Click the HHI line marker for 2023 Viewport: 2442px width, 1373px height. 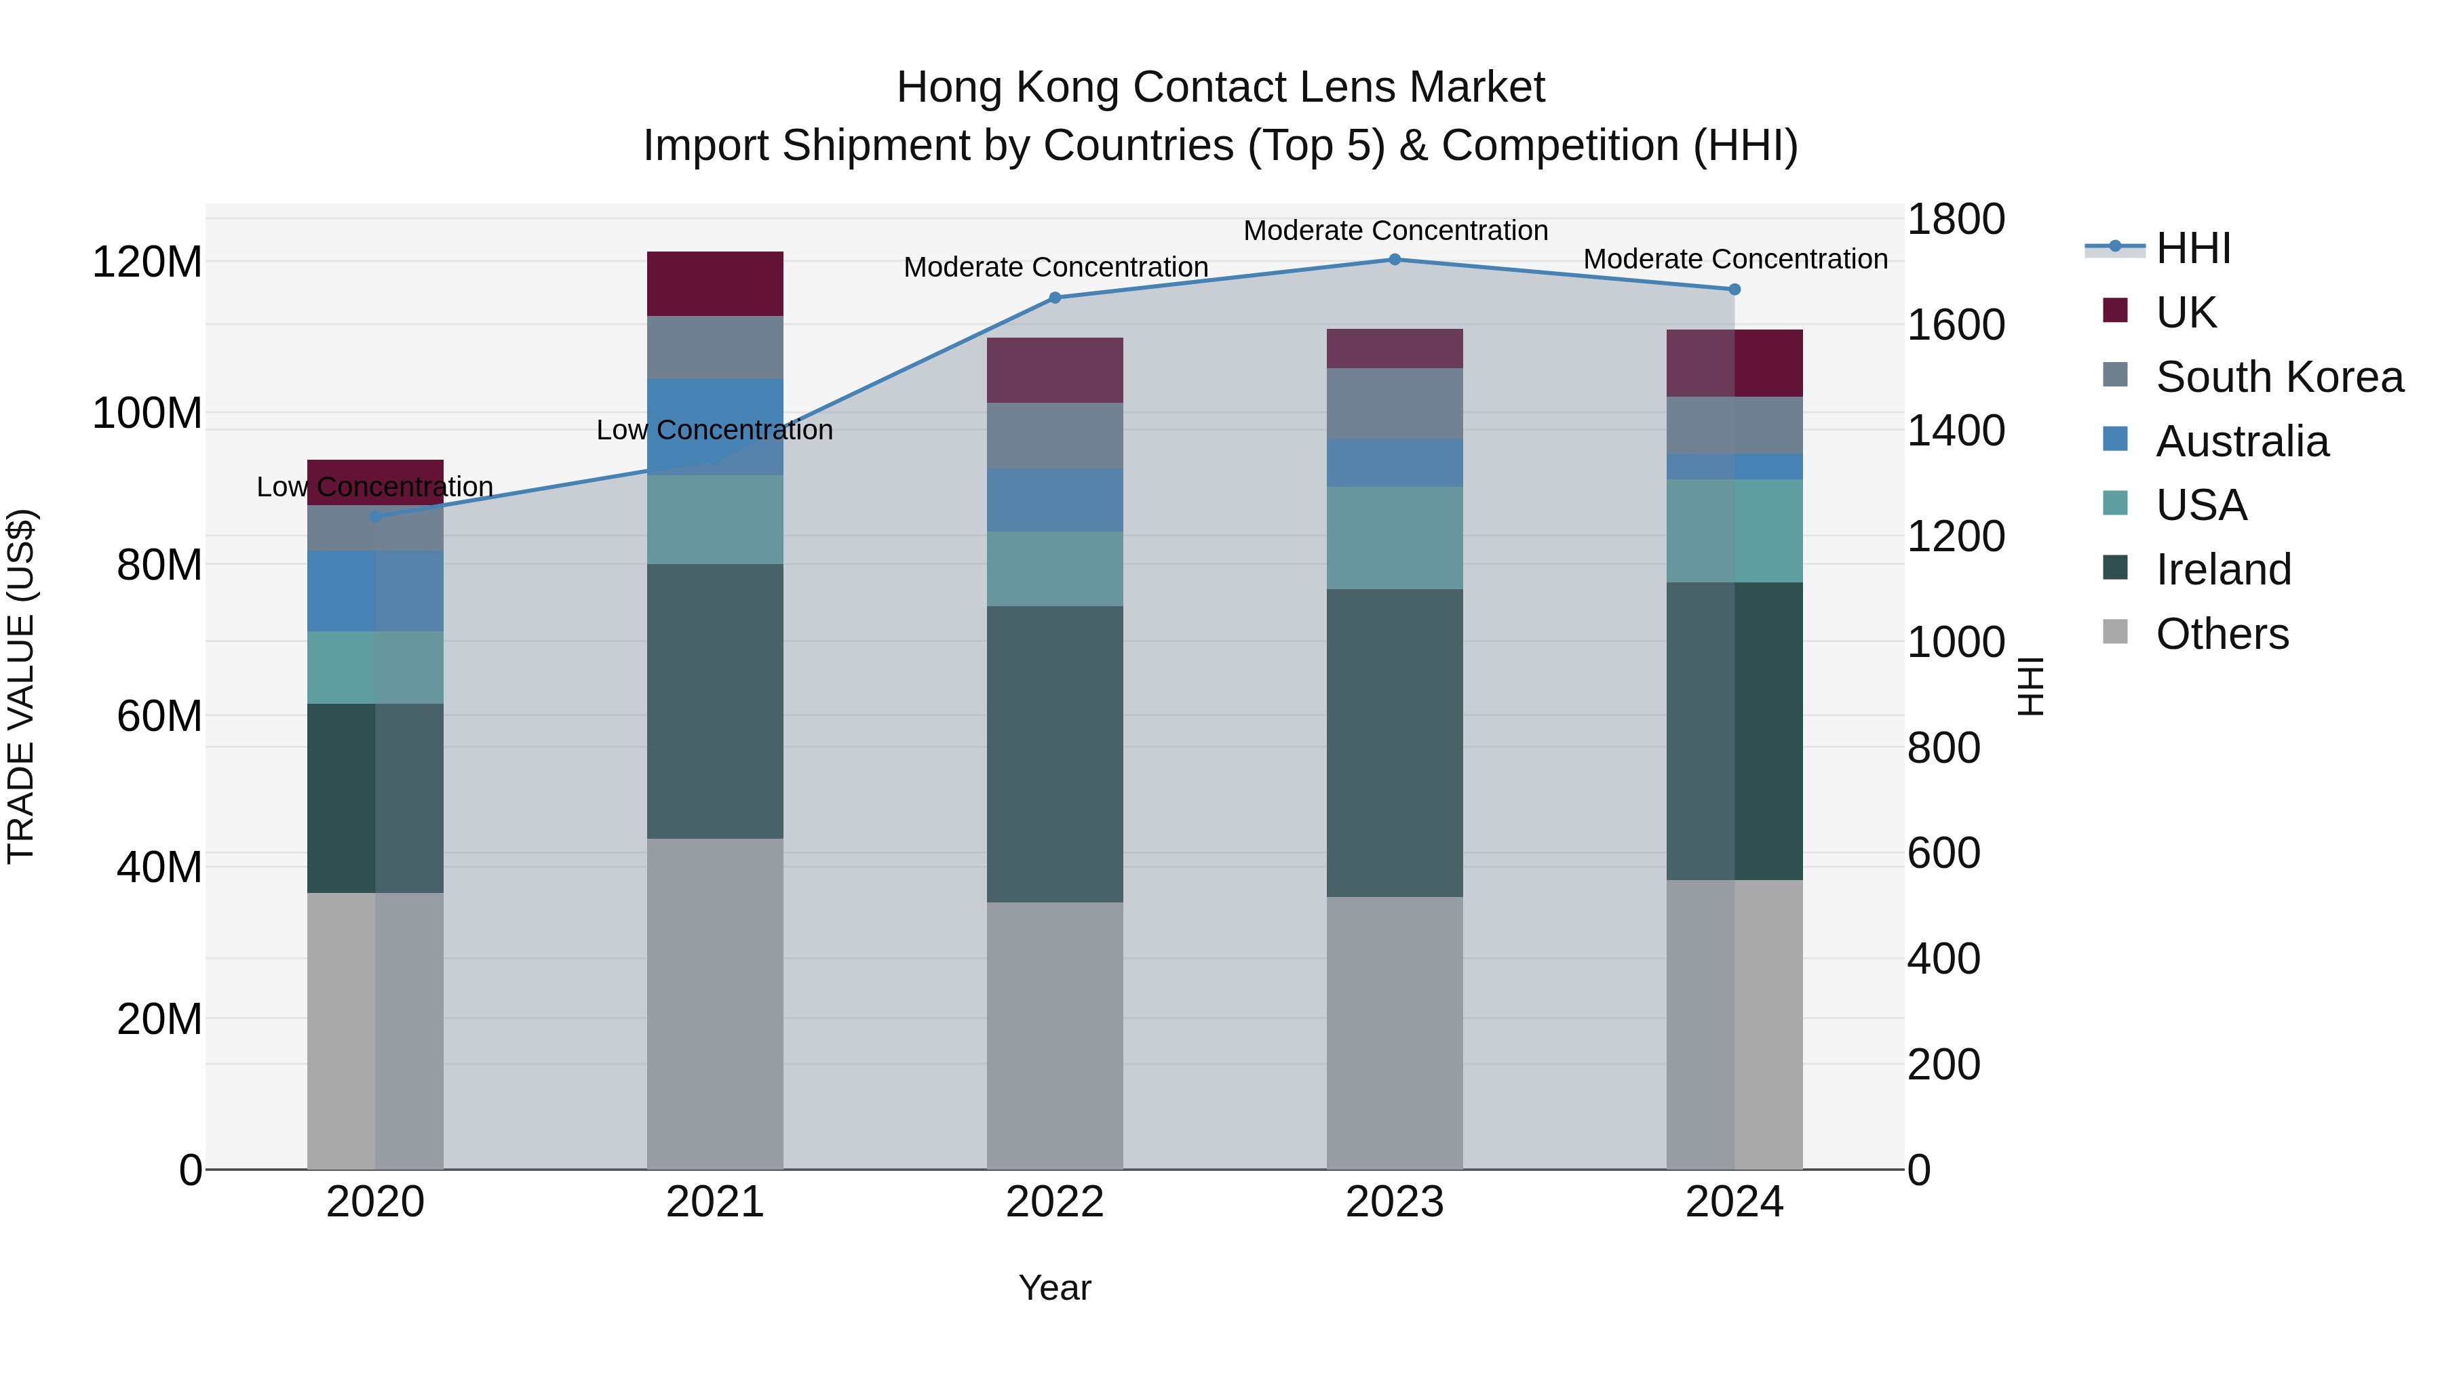tap(1395, 259)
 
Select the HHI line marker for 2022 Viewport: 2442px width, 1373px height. tap(1055, 298)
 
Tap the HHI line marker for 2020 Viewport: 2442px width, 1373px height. tap(375, 517)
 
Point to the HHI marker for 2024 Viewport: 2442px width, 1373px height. tap(1734, 289)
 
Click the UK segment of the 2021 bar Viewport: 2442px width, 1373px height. tap(715, 283)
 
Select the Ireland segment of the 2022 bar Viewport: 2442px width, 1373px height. tap(1055, 753)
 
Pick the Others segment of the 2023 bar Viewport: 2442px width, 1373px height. tap(1395, 1032)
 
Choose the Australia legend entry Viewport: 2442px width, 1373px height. tap(2241, 441)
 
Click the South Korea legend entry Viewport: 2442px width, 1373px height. tap(2279, 377)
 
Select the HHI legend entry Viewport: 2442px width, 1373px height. tap(2192, 248)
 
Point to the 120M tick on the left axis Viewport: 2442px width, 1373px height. tap(147, 262)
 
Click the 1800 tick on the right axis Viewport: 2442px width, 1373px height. tap(1955, 219)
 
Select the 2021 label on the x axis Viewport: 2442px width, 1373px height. tap(715, 1201)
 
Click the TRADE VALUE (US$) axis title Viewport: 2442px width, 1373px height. tap(21, 686)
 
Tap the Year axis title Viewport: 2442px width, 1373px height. tap(1054, 1288)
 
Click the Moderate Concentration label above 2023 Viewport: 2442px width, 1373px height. tap(1395, 231)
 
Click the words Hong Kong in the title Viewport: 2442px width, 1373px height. tap(1009, 87)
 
